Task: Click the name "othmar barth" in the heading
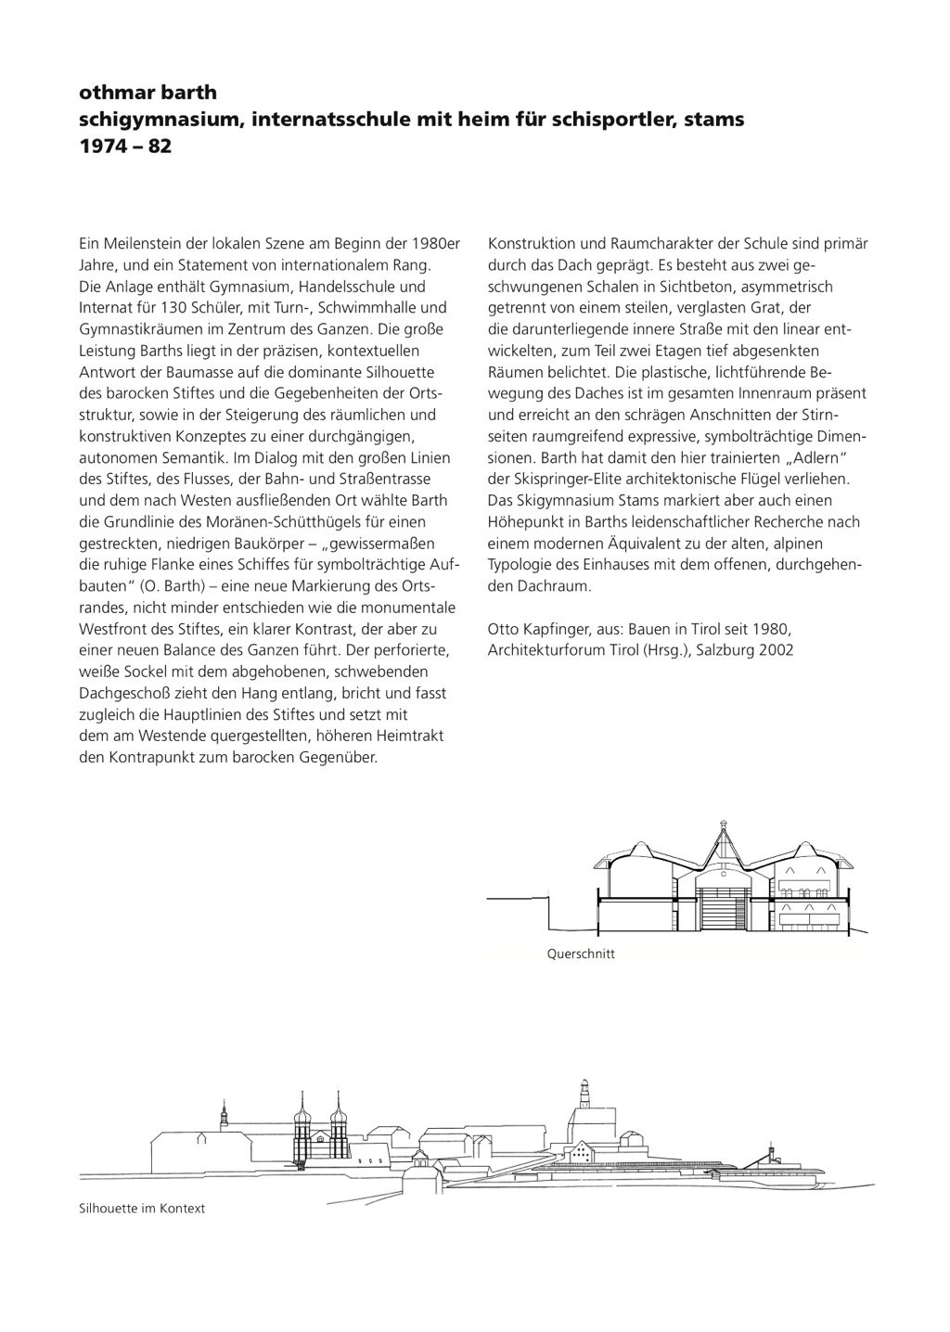point(148,93)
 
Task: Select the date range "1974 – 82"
point(125,147)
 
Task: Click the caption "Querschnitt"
point(581,954)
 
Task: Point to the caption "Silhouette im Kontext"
point(142,1209)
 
